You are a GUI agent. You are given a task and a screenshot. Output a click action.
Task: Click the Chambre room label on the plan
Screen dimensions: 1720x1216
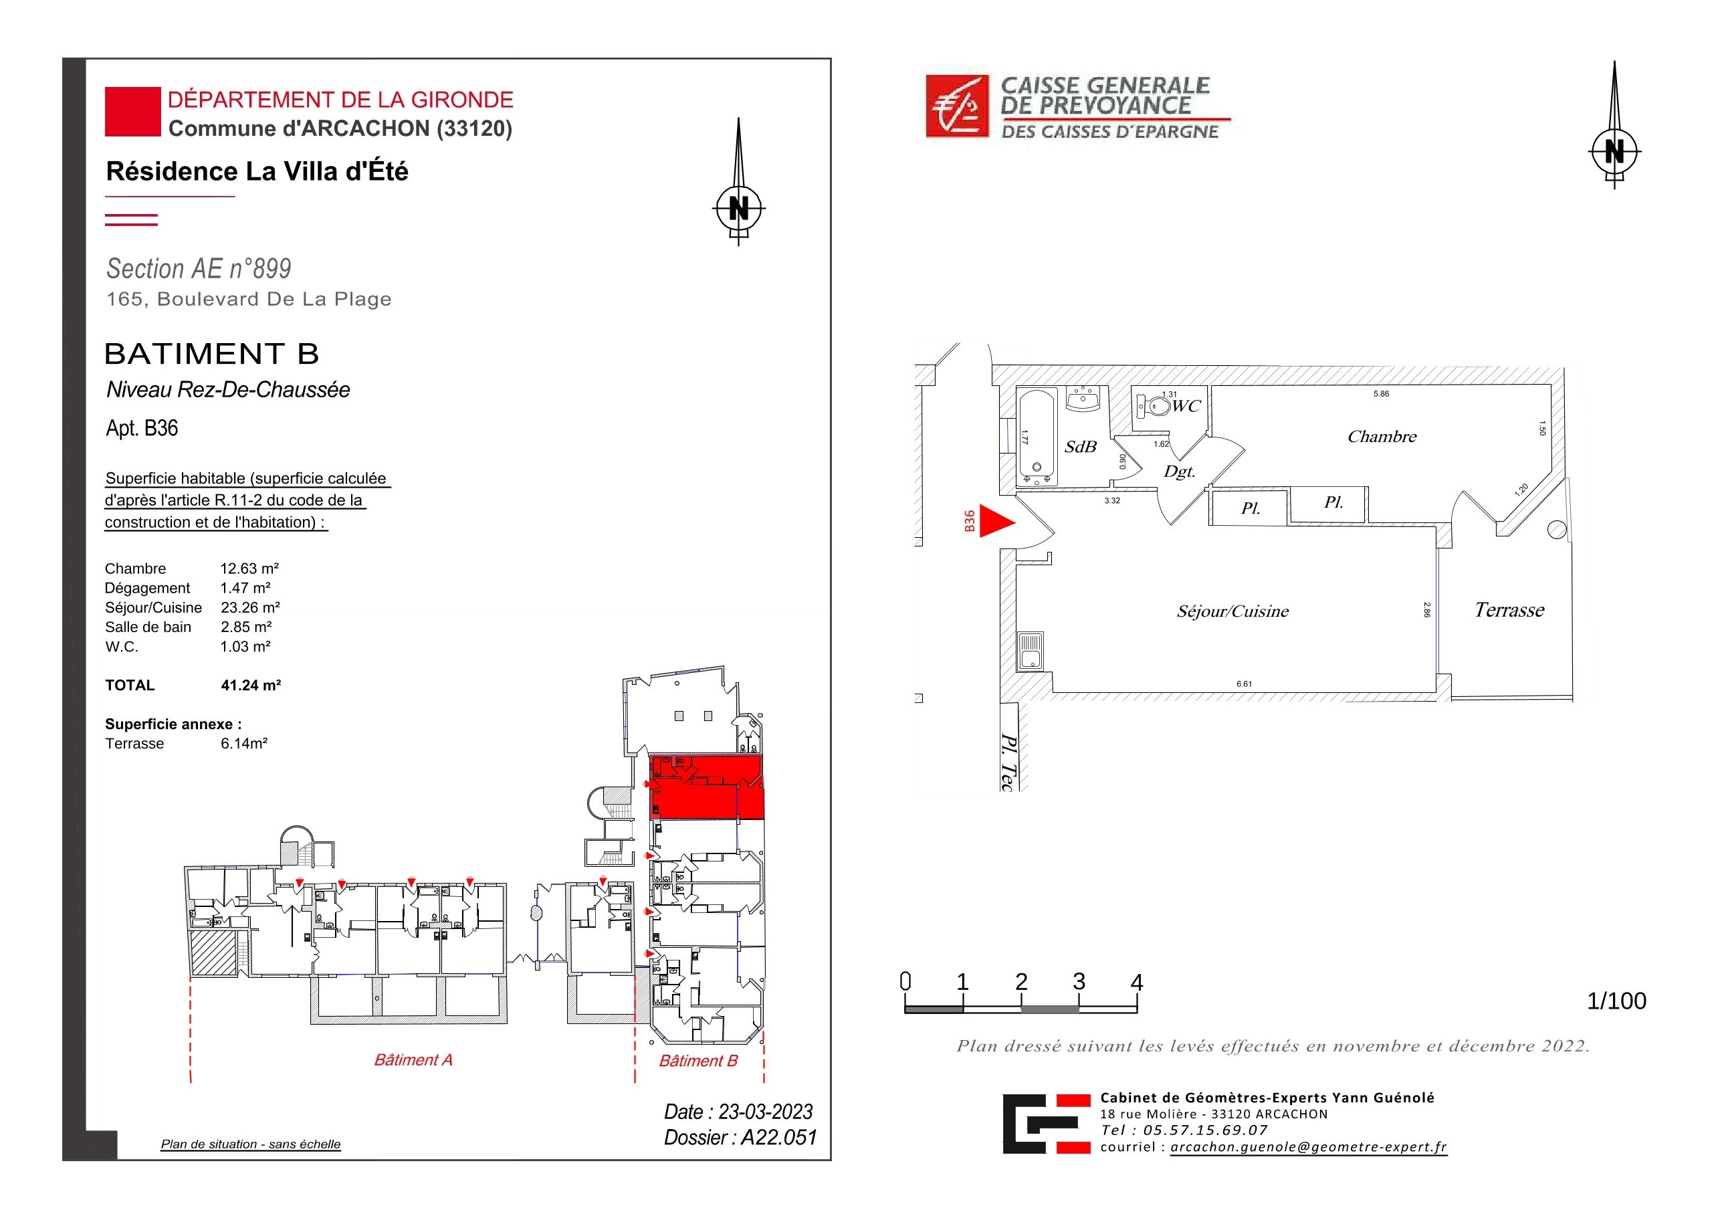(x=1382, y=436)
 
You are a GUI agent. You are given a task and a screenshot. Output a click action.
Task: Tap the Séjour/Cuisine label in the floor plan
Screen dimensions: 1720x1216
(x=1232, y=611)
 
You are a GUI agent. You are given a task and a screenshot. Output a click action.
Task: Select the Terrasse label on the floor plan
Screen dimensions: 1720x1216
(x=1509, y=610)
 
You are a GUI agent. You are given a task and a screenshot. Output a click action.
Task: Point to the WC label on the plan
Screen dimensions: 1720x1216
(x=1186, y=406)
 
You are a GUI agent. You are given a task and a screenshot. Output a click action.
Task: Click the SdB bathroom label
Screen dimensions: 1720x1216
(x=1080, y=447)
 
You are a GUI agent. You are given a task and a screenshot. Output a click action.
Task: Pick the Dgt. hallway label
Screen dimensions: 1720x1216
(x=1178, y=472)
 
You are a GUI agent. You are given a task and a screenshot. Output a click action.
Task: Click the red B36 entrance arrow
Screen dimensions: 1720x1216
(x=997, y=522)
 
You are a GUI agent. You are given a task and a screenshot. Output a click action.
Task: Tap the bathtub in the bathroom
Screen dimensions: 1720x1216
(x=1037, y=437)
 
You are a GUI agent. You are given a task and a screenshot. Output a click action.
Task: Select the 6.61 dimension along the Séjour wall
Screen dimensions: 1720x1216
(x=1244, y=684)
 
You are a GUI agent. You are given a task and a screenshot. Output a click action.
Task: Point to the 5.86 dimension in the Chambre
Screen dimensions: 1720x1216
(x=1381, y=393)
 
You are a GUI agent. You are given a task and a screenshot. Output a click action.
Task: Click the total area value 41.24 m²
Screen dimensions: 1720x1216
(x=250, y=685)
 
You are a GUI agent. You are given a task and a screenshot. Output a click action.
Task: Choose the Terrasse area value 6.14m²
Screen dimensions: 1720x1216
(x=243, y=743)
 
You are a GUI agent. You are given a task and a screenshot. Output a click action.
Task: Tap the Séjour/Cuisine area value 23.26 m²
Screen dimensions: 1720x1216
(x=250, y=607)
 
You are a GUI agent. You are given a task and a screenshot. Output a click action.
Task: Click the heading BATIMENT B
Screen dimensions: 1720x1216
(x=212, y=354)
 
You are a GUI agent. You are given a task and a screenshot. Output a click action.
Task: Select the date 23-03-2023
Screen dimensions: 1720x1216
(x=765, y=1112)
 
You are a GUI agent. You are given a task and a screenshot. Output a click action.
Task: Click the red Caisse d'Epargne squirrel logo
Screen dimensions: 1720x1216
(x=958, y=106)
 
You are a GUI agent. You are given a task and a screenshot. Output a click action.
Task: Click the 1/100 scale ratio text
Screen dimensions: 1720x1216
(x=1616, y=1001)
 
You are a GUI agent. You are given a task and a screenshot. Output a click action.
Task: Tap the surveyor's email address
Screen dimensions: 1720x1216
(x=1309, y=1147)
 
